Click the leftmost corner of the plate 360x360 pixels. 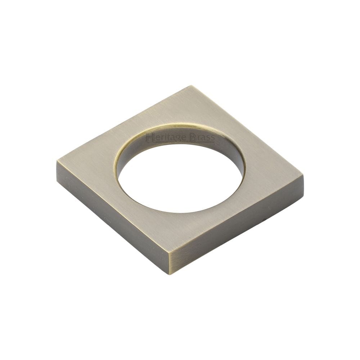click(x=57, y=163)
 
